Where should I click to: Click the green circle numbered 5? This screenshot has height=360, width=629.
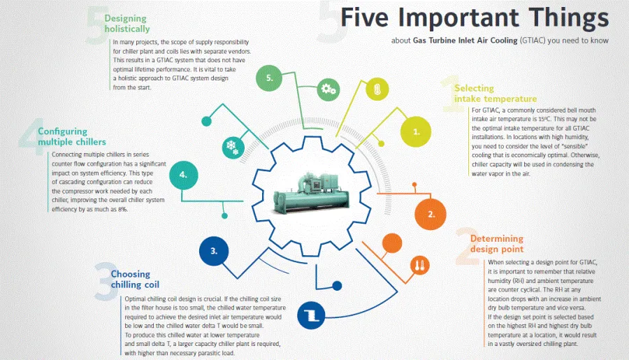point(269,78)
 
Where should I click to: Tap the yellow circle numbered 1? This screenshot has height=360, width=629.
point(416,131)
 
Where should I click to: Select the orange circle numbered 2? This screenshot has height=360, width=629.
point(431,214)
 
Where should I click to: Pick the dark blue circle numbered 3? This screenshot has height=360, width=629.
point(214,251)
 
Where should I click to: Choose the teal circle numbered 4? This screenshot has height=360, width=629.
point(183,175)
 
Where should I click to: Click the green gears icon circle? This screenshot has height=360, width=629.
point(328,89)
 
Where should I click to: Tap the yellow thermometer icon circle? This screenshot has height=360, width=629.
point(377,89)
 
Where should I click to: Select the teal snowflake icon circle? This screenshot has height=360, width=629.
point(233,147)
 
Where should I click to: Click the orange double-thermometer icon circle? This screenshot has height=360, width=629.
point(420,266)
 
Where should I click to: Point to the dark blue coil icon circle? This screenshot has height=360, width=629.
point(311,315)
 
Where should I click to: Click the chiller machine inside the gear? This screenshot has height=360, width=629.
point(311,193)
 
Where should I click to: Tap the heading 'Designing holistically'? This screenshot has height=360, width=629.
point(127,24)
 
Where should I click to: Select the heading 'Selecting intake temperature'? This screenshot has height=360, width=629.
point(496,94)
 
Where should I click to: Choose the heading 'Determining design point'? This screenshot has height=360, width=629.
point(497,244)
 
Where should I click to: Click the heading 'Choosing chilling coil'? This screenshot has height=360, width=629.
point(135,280)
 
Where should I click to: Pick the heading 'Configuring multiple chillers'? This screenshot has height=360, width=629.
point(72,136)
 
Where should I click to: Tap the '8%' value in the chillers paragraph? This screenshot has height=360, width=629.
point(123,209)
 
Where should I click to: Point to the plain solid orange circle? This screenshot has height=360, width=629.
point(392,243)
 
